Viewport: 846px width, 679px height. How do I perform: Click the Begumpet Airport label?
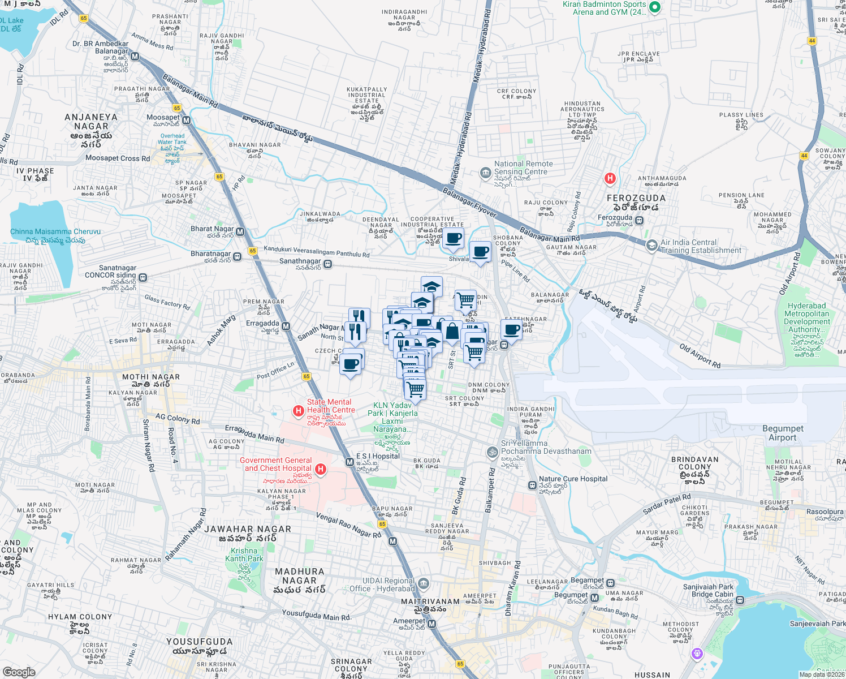pyautogui.click(x=783, y=433)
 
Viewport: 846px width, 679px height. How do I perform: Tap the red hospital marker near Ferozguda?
pyautogui.click(x=610, y=179)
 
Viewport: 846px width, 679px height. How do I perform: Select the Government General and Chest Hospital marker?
pyautogui.click(x=321, y=469)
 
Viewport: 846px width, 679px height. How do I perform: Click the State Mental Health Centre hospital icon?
pyautogui.click(x=298, y=411)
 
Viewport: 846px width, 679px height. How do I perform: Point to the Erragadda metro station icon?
pyautogui.click(x=286, y=326)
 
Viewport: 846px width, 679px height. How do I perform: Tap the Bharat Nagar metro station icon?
pyautogui.click(x=240, y=231)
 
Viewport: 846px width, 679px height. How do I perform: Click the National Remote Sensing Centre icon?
pyautogui.click(x=485, y=173)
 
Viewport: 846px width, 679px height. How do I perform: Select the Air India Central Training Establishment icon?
pyautogui.click(x=651, y=245)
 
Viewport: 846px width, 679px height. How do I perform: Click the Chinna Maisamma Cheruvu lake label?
pyautogui.click(x=55, y=231)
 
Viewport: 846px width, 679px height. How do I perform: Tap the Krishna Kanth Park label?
pyautogui.click(x=244, y=555)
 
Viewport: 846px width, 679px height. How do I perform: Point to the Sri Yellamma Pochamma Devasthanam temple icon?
pyautogui.click(x=492, y=452)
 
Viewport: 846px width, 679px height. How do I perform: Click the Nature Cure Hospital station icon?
pyautogui.click(x=532, y=485)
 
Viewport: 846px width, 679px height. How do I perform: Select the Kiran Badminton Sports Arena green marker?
pyautogui.click(x=655, y=7)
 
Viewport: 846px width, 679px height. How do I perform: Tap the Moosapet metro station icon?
pyautogui.click(x=187, y=121)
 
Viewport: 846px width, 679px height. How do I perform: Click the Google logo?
pyautogui.click(x=19, y=672)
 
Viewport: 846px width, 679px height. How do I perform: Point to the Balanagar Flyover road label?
pyautogui.click(x=469, y=203)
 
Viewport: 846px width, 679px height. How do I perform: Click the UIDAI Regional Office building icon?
pyautogui.click(x=424, y=584)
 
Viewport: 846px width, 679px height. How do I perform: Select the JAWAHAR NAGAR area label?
pyautogui.click(x=248, y=529)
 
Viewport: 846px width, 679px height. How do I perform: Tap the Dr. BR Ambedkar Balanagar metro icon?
pyautogui.click(x=135, y=57)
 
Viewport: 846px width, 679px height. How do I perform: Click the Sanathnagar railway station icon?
pyautogui.click(x=327, y=264)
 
